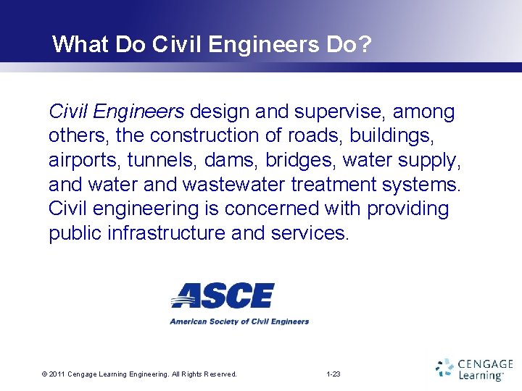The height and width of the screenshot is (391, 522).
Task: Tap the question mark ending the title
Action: coord(365,45)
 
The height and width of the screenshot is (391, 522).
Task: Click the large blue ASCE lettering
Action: coord(223,295)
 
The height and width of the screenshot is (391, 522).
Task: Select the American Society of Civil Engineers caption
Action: coord(239,321)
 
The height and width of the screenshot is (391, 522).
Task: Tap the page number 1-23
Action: coord(333,374)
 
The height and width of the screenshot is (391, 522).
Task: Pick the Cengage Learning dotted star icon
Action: coord(444,368)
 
